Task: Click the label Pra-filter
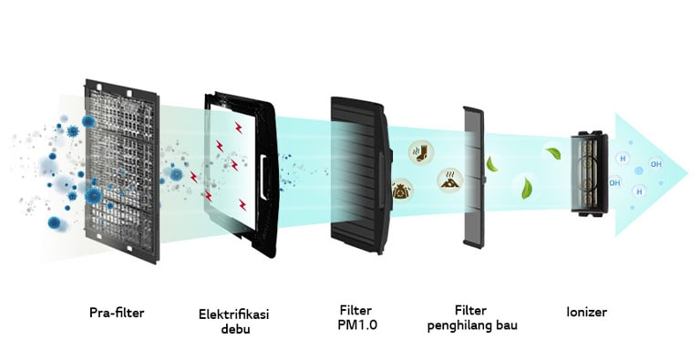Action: pyautogui.click(x=117, y=313)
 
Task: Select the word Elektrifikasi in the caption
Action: pyautogui.click(x=234, y=314)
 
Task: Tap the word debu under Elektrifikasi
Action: pyautogui.click(x=234, y=329)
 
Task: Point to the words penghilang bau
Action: pyautogui.click(x=472, y=325)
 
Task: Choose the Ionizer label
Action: pyautogui.click(x=585, y=313)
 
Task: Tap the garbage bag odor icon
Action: pyautogui.click(x=402, y=190)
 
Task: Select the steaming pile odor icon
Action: pyautogui.click(x=448, y=179)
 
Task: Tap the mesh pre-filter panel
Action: pyautogui.click(x=122, y=168)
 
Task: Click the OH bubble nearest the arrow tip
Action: pyautogui.click(x=655, y=165)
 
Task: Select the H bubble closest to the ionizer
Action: pyautogui.click(x=623, y=159)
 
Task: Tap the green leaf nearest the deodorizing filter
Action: pyautogui.click(x=492, y=165)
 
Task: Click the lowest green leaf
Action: pyautogui.click(x=527, y=190)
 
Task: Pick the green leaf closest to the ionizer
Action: pyautogui.click(x=552, y=154)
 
